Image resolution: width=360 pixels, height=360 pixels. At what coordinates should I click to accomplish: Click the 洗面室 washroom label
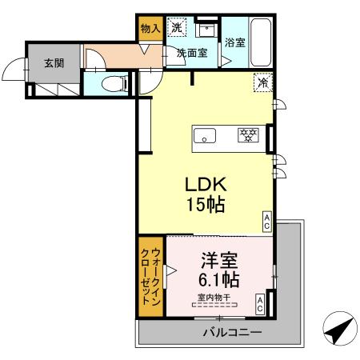coord(192,53)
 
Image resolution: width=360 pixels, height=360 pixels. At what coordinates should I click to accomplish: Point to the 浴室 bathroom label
coord(234,42)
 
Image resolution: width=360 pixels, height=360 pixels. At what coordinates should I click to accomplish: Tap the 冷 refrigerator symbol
coord(262,81)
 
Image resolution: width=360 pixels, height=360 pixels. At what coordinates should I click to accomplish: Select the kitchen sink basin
coord(202,135)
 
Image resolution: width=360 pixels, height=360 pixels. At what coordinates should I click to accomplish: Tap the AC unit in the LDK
coord(267,219)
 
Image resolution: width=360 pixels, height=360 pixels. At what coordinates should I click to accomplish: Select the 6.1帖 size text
coord(217,281)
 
